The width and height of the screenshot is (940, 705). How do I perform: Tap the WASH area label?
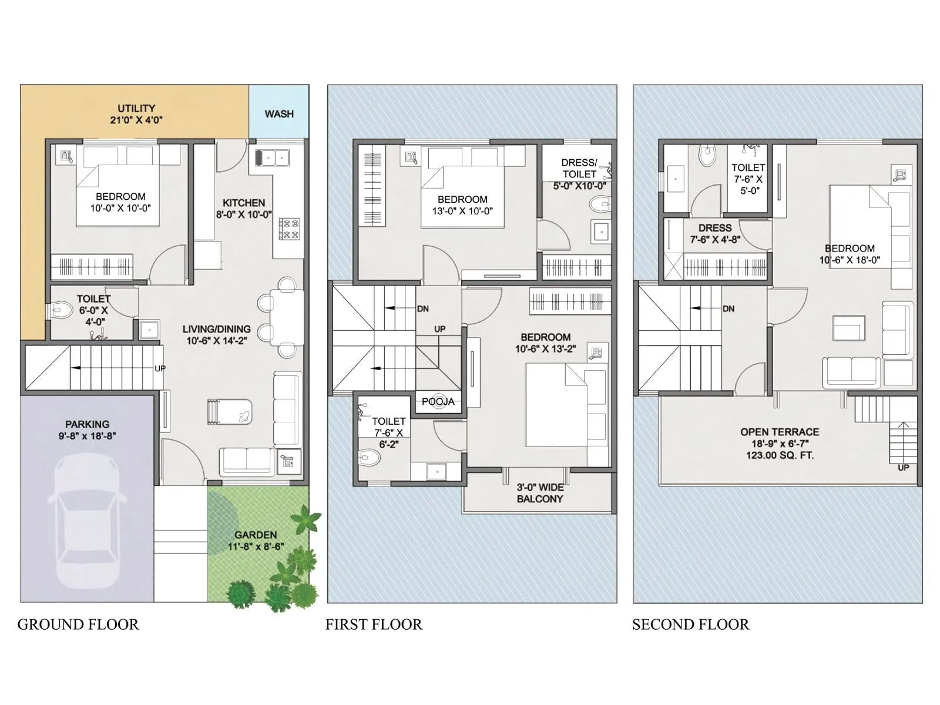point(279,114)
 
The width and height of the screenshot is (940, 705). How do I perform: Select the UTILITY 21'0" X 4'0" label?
point(136,114)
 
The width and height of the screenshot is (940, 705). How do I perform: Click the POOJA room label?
point(438,402)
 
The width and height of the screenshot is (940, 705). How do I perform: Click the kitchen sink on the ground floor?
point(272,157)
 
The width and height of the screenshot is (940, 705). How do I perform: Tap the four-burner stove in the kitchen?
point(289,229)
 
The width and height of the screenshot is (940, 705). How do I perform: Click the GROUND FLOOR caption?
point(78,625)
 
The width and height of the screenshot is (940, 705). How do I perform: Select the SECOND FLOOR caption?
point(690,625)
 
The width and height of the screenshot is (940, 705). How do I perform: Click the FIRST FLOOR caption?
point(374,625)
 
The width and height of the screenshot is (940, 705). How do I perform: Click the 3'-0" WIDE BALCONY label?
point(540,493)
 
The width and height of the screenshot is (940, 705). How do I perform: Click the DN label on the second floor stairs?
point(728,309)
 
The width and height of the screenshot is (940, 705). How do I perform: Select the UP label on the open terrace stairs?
point(903,468)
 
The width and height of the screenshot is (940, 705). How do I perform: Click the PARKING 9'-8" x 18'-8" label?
point(87,429)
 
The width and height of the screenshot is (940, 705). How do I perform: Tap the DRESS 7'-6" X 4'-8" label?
point(715,233)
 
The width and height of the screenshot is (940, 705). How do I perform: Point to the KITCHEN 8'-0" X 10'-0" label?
point(244,209)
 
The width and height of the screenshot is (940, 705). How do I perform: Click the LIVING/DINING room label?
point(216,334)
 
